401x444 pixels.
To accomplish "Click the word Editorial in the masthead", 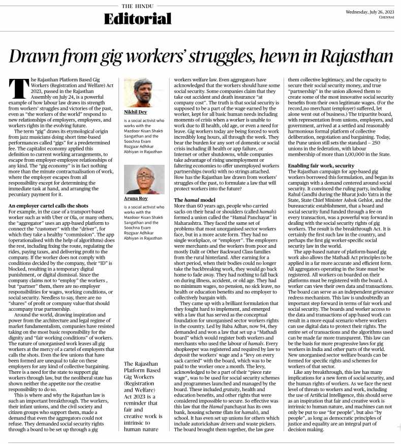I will coord(137,19).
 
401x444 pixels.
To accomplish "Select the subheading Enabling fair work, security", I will coord(321,166).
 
